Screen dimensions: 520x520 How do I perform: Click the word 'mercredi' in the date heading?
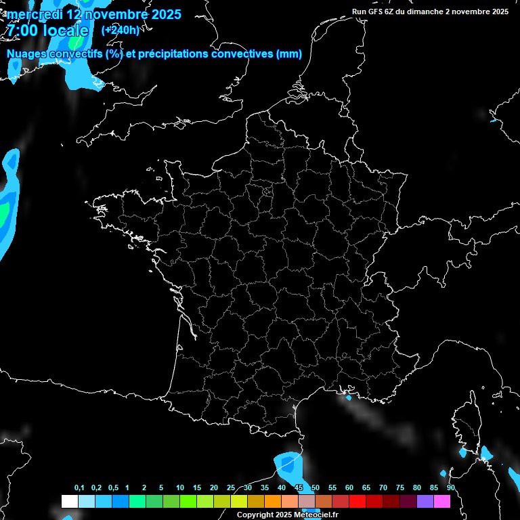(x=34, y=14)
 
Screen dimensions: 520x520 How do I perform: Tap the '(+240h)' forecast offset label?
(x=120, y=30)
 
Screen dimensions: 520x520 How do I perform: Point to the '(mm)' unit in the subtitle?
(x=289, y=54)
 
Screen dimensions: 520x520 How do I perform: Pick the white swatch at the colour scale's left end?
(x=69, y=501)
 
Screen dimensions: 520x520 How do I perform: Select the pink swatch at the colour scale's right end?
(x=442, y=501)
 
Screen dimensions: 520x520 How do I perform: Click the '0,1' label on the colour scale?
(x=79, y=487)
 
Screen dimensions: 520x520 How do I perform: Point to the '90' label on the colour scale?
(x=450, y=487)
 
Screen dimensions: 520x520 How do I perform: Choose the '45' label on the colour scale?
(x=299, y=487)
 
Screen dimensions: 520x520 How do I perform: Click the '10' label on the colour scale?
(x=180, y=487)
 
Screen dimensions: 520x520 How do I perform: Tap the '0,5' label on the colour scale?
(x=113, y=487)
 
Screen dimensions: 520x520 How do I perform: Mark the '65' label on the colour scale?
(x=366, y=487)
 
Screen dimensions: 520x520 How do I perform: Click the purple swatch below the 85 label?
(x=425, y=501)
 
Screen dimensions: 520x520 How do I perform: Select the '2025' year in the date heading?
(x=167, y=14)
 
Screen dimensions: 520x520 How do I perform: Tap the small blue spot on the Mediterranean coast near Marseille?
(x=349, y=397)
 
